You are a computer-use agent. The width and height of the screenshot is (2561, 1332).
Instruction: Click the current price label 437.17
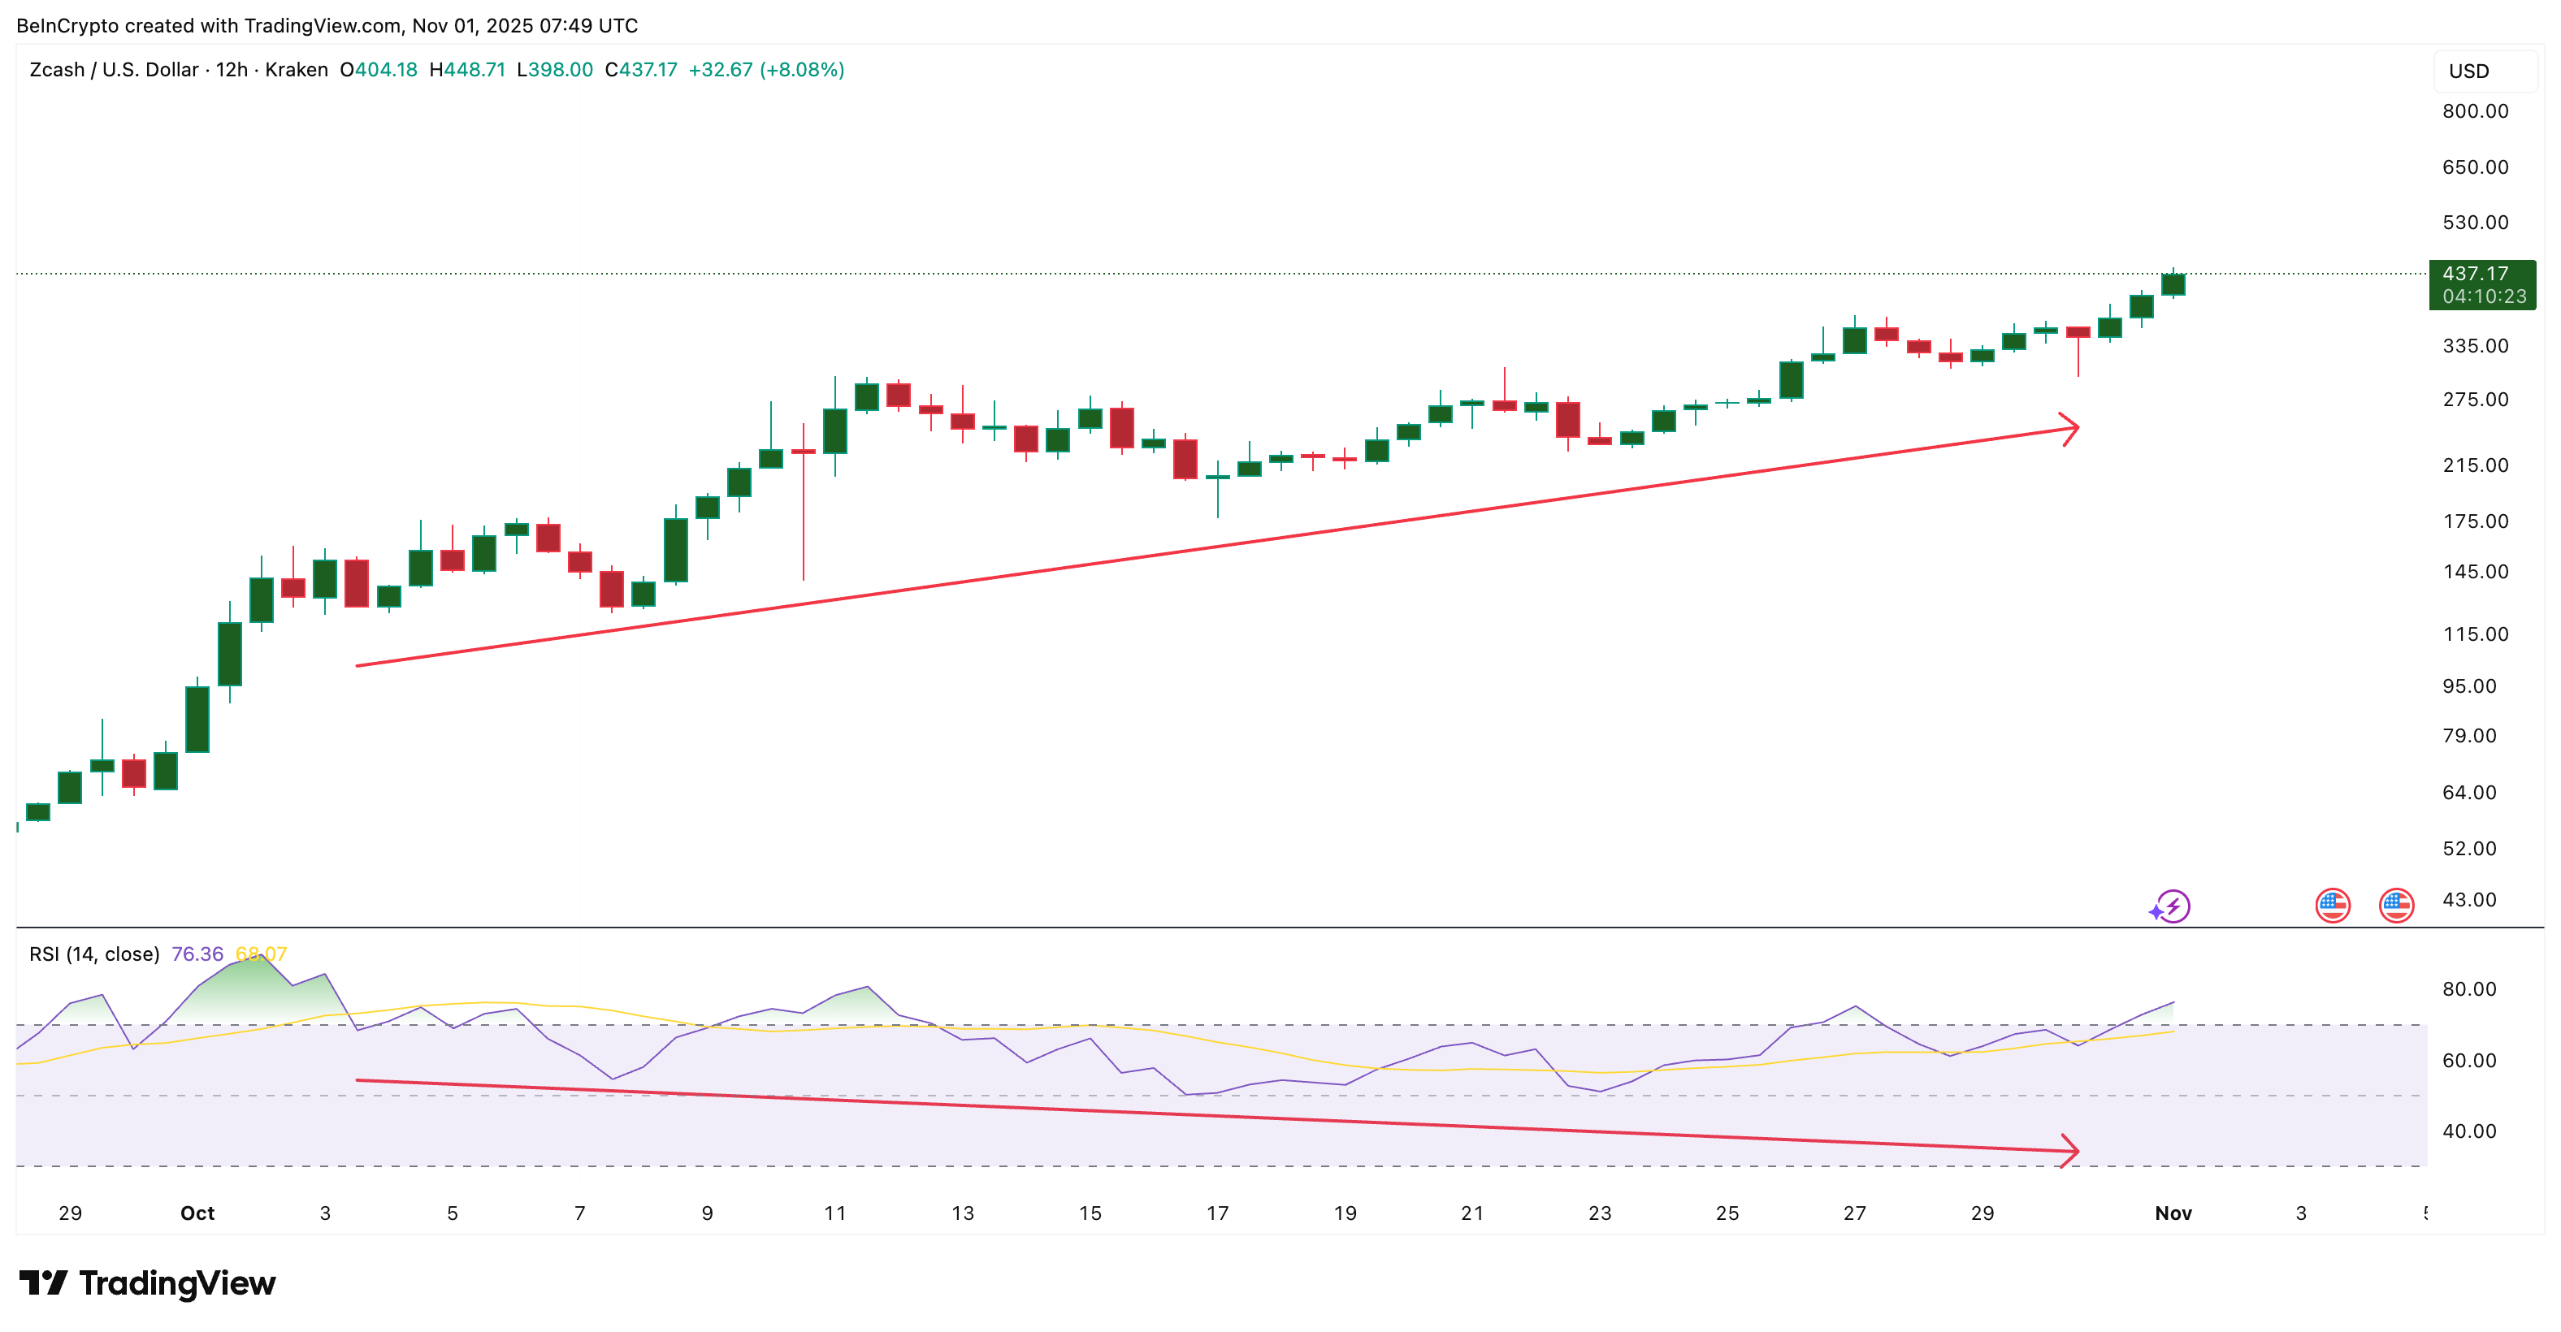point(2475,274)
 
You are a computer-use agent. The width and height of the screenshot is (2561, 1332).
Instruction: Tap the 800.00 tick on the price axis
point(2475,111)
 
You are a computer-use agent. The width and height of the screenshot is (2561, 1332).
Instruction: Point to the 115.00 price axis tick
point(2475,634)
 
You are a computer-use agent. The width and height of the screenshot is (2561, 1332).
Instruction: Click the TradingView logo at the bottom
point(147,1283)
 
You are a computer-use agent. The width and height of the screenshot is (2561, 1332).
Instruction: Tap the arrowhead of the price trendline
point(2073,430)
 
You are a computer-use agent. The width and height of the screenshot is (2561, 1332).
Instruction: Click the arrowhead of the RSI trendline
point(2073,1151)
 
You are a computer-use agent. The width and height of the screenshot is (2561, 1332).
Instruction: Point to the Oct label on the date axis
point(197,1213)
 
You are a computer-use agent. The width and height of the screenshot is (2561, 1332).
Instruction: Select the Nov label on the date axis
point(2173,1213)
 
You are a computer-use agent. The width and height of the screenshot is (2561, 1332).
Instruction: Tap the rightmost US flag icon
point(2396,906)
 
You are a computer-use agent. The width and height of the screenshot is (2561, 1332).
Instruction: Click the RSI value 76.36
point(197,954)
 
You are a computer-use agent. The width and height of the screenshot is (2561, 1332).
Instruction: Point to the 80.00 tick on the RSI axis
point(2468,989)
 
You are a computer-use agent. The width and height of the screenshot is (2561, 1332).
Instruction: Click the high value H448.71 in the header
point(467,70)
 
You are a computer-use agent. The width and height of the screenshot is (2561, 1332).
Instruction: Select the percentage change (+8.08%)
point(801,70)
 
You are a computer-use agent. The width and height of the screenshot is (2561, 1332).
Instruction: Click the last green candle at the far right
point(2173,284)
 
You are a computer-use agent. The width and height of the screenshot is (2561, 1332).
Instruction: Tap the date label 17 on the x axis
point(1217,1213)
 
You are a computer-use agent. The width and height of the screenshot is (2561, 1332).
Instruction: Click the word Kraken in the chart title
point(297,70)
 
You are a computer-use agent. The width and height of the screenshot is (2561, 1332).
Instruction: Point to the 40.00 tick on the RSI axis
point(2468,1131)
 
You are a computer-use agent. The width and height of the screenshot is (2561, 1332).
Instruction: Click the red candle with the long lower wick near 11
point(804,452)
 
